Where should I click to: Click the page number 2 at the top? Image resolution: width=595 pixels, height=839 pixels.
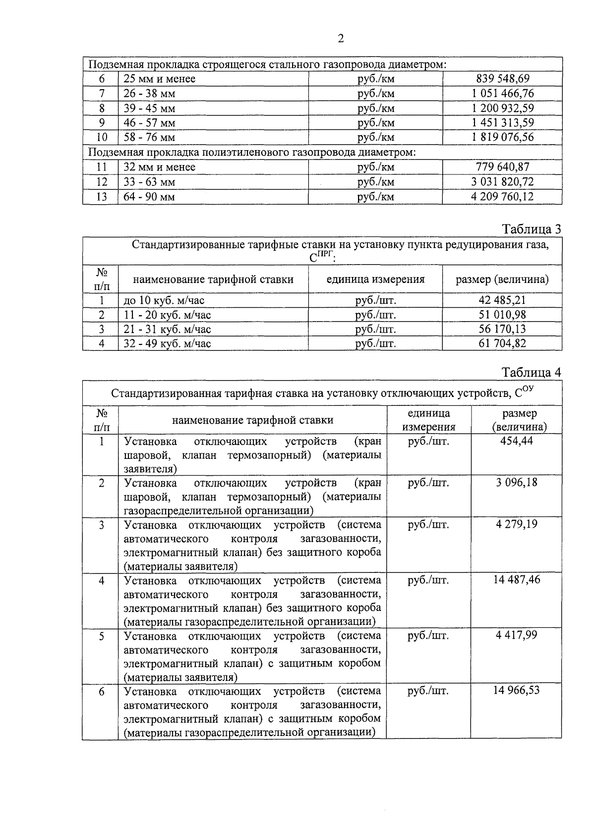340,39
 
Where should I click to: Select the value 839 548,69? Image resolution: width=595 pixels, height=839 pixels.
502,79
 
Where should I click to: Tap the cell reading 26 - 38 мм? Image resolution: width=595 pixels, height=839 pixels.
149,94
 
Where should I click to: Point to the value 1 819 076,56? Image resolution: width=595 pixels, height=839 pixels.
502,137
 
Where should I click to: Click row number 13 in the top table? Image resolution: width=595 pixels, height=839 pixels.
101,197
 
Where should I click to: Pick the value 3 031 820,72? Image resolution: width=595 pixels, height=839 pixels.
502,182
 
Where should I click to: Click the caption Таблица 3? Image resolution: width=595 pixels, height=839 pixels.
532,229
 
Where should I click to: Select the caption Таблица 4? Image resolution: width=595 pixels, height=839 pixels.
532,372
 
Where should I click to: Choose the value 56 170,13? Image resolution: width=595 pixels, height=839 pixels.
502,329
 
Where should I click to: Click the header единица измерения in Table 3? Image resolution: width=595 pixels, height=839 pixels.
375,280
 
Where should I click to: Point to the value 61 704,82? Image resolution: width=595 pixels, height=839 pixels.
502,343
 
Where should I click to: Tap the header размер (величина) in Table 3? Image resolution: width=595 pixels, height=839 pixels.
502,280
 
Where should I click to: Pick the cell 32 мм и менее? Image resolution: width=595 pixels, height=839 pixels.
159,168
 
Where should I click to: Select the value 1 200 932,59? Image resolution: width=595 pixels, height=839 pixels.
502,108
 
